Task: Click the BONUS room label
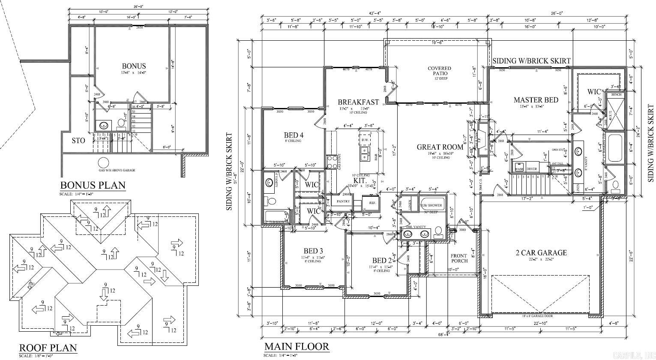(134, 66)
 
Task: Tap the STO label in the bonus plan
(78, 141)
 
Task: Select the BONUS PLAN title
(93, 185)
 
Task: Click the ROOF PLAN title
(48, 348)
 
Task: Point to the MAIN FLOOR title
(296, 347)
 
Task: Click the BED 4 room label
(294, 135)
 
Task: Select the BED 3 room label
(313, 251)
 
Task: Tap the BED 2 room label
(382, 261)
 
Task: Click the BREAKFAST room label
(358, 102)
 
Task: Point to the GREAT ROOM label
(440, 147)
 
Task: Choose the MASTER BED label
(536, 100)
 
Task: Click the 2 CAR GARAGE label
(541, 252)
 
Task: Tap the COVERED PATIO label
(439, 71)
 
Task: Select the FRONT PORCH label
(459, 258)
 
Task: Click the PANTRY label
(343, 201)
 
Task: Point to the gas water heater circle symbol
(103, 163)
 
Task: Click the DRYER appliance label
(532, 169)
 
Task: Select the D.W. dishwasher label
(365, 140)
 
